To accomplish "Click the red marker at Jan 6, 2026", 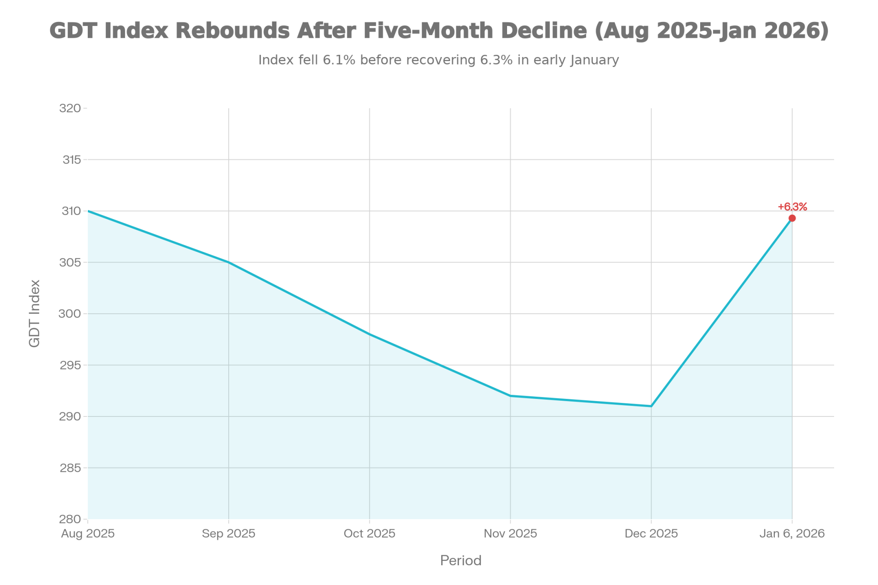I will tap(792, 218).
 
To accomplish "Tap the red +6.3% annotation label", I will tap(792, 207).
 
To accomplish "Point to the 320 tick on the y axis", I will tap(70, 108).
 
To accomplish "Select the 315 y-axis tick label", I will tap(72, 160).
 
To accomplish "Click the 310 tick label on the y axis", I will tap(70, 211).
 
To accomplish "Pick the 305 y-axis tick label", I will tap(70, 262).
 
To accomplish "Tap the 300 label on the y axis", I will tap(70, 314).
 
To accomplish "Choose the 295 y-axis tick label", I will tap(70, 365).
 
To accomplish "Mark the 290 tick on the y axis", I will tap(70, 416).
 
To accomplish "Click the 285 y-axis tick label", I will tap(70, 468).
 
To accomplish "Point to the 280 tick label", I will tap(70, 519).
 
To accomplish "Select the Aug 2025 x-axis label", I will tap(88, 534).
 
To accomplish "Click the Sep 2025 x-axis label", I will tap(229, 534).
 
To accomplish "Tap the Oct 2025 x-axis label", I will tap(370, 534).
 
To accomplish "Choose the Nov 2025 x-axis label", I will tap(511, 534).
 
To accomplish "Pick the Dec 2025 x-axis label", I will tap(651, 534).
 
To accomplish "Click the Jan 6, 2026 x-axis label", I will tap(792, 534).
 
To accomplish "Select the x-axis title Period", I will tap(461, 561).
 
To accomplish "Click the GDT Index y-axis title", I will tap(34, 313).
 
